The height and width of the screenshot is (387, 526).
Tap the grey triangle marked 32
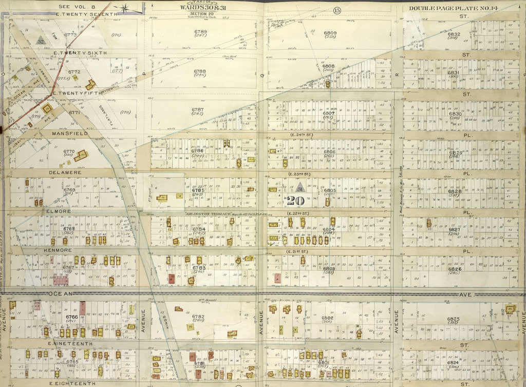coord(41,39)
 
